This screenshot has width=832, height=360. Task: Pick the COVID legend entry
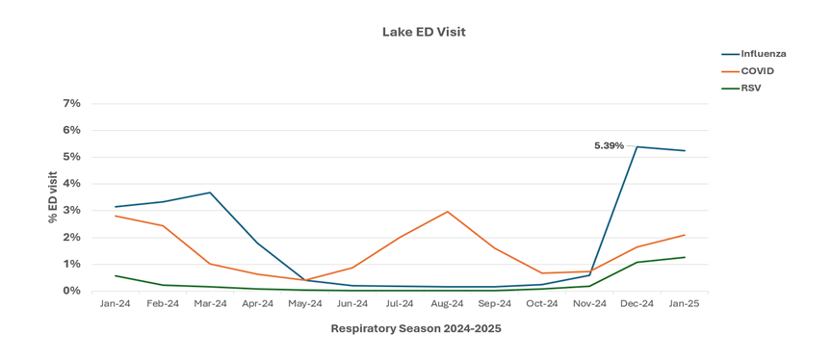click(757, 71)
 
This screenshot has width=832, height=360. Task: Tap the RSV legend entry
click(752, 89)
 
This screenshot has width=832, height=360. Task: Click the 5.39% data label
click(609, 145)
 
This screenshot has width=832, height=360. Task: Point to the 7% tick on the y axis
click(72, 103)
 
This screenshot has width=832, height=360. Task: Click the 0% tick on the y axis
click(72, 291)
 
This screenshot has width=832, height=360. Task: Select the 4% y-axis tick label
click(72, 183)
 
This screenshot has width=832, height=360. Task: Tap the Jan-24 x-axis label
click(116, 303)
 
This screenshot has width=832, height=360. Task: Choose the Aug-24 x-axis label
click(447, 303)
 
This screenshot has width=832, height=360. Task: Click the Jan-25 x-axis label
click(685, 303)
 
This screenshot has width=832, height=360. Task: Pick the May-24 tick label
click(305, 303)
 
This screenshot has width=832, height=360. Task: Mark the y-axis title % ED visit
click(53, 197)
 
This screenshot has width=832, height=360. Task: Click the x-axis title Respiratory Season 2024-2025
click(415, 328)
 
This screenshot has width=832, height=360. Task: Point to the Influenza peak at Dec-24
click(637, 147)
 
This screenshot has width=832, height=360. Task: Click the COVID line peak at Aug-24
click(448, 211)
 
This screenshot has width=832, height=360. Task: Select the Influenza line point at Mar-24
click(210, 193)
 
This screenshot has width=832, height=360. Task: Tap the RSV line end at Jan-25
click(685, 257)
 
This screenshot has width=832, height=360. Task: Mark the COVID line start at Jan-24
click(116, 216)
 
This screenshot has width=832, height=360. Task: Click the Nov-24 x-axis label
click(589, 303)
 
